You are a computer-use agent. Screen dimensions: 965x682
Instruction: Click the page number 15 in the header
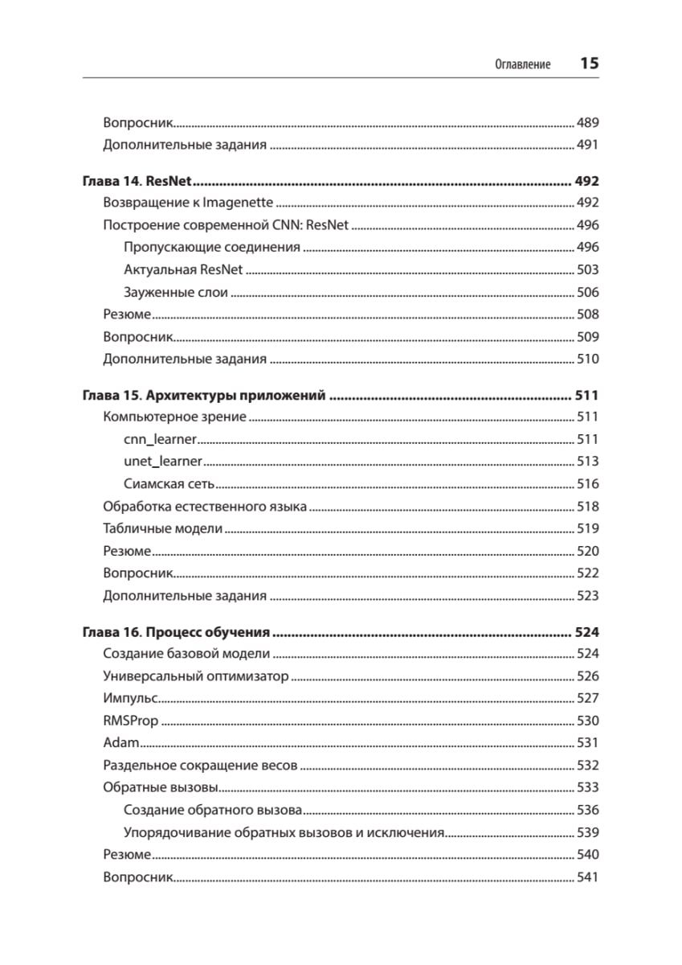(589, 64)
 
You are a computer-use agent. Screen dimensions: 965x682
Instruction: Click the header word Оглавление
(523, 65)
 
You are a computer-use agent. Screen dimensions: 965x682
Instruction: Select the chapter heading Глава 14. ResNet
(141, 181)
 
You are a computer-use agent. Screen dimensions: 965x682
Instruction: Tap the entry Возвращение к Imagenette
(188, 203)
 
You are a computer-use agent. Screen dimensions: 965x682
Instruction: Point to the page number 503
(587, 270)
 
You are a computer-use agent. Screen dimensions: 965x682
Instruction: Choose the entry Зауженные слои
(176, 293)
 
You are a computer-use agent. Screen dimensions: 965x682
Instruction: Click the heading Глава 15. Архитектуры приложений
(204, 396)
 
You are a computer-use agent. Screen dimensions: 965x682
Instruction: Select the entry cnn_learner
(161, 440)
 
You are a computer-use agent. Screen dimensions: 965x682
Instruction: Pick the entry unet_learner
(163, 462)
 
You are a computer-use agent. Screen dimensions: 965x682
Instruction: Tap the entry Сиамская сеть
(169, 484)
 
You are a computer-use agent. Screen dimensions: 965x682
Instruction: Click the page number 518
(587, 507)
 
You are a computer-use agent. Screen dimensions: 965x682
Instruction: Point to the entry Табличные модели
(163, 529)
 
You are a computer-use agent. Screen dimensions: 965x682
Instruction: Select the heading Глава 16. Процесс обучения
(176, 632)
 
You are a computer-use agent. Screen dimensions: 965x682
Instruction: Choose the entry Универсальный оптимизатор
(195, 676)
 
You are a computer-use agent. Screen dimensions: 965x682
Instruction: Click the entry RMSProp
(131, 721)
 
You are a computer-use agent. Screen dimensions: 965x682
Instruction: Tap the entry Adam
(120, 743)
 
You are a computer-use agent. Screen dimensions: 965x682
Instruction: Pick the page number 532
(587, 766)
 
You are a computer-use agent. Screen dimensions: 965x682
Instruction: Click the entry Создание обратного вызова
(213, 810)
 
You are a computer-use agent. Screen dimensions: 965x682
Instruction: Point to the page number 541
(587, 877)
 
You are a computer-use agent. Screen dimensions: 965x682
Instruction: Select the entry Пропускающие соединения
(212, 248)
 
